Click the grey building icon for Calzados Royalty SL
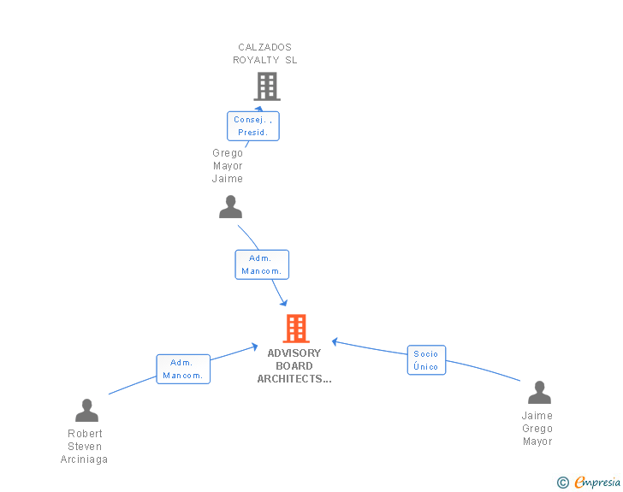tap(267, 86)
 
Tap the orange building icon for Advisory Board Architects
tap(295, 329)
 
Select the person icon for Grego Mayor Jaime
tap(230, 207)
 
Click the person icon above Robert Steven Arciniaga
tap(86, 411)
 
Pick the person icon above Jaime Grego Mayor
tap(539, 393)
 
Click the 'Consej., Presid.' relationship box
tap(253, 126)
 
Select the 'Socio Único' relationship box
tap(426, 360)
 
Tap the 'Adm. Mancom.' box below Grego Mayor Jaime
tap(262, 264)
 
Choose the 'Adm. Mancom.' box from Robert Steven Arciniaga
tap(183, 369)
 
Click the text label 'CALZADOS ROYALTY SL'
tap(265, 54)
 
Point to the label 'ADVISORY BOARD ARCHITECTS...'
tap(294, 365)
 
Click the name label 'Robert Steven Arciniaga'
tap(85, 446)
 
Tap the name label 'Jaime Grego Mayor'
tap(537, 429)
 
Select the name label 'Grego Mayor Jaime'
tap(228, 166)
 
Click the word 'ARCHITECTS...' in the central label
tap(294, 378)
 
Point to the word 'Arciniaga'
tap(85, 459)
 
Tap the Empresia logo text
tap(596, 483)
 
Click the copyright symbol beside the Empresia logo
tap(563, 483)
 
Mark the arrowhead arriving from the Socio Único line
tap(335, 341)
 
